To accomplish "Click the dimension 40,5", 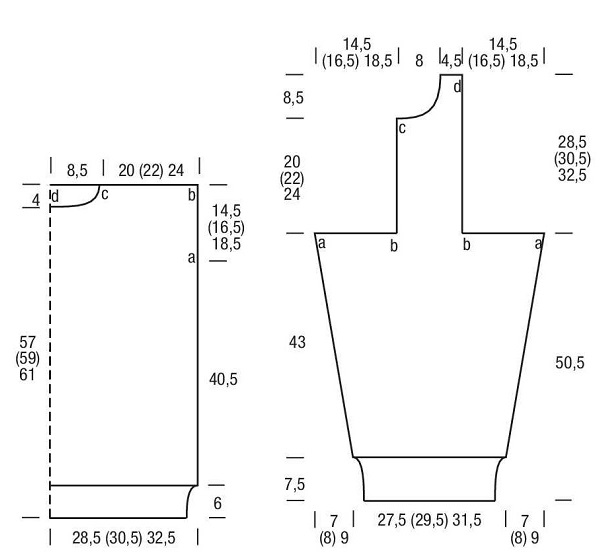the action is tap(223, 379).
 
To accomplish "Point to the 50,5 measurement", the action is tap(569, 363).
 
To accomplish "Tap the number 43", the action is tap(297, 342).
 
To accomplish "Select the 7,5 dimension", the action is tap(294, 484).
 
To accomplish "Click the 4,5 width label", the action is tap(452, 61).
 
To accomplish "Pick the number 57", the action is tap(27, 342).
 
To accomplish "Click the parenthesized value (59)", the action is tap(27, 358).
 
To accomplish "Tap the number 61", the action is tap(27, 375).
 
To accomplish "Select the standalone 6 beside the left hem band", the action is tap(218, 503).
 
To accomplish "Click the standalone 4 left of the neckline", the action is tap(36, 201).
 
